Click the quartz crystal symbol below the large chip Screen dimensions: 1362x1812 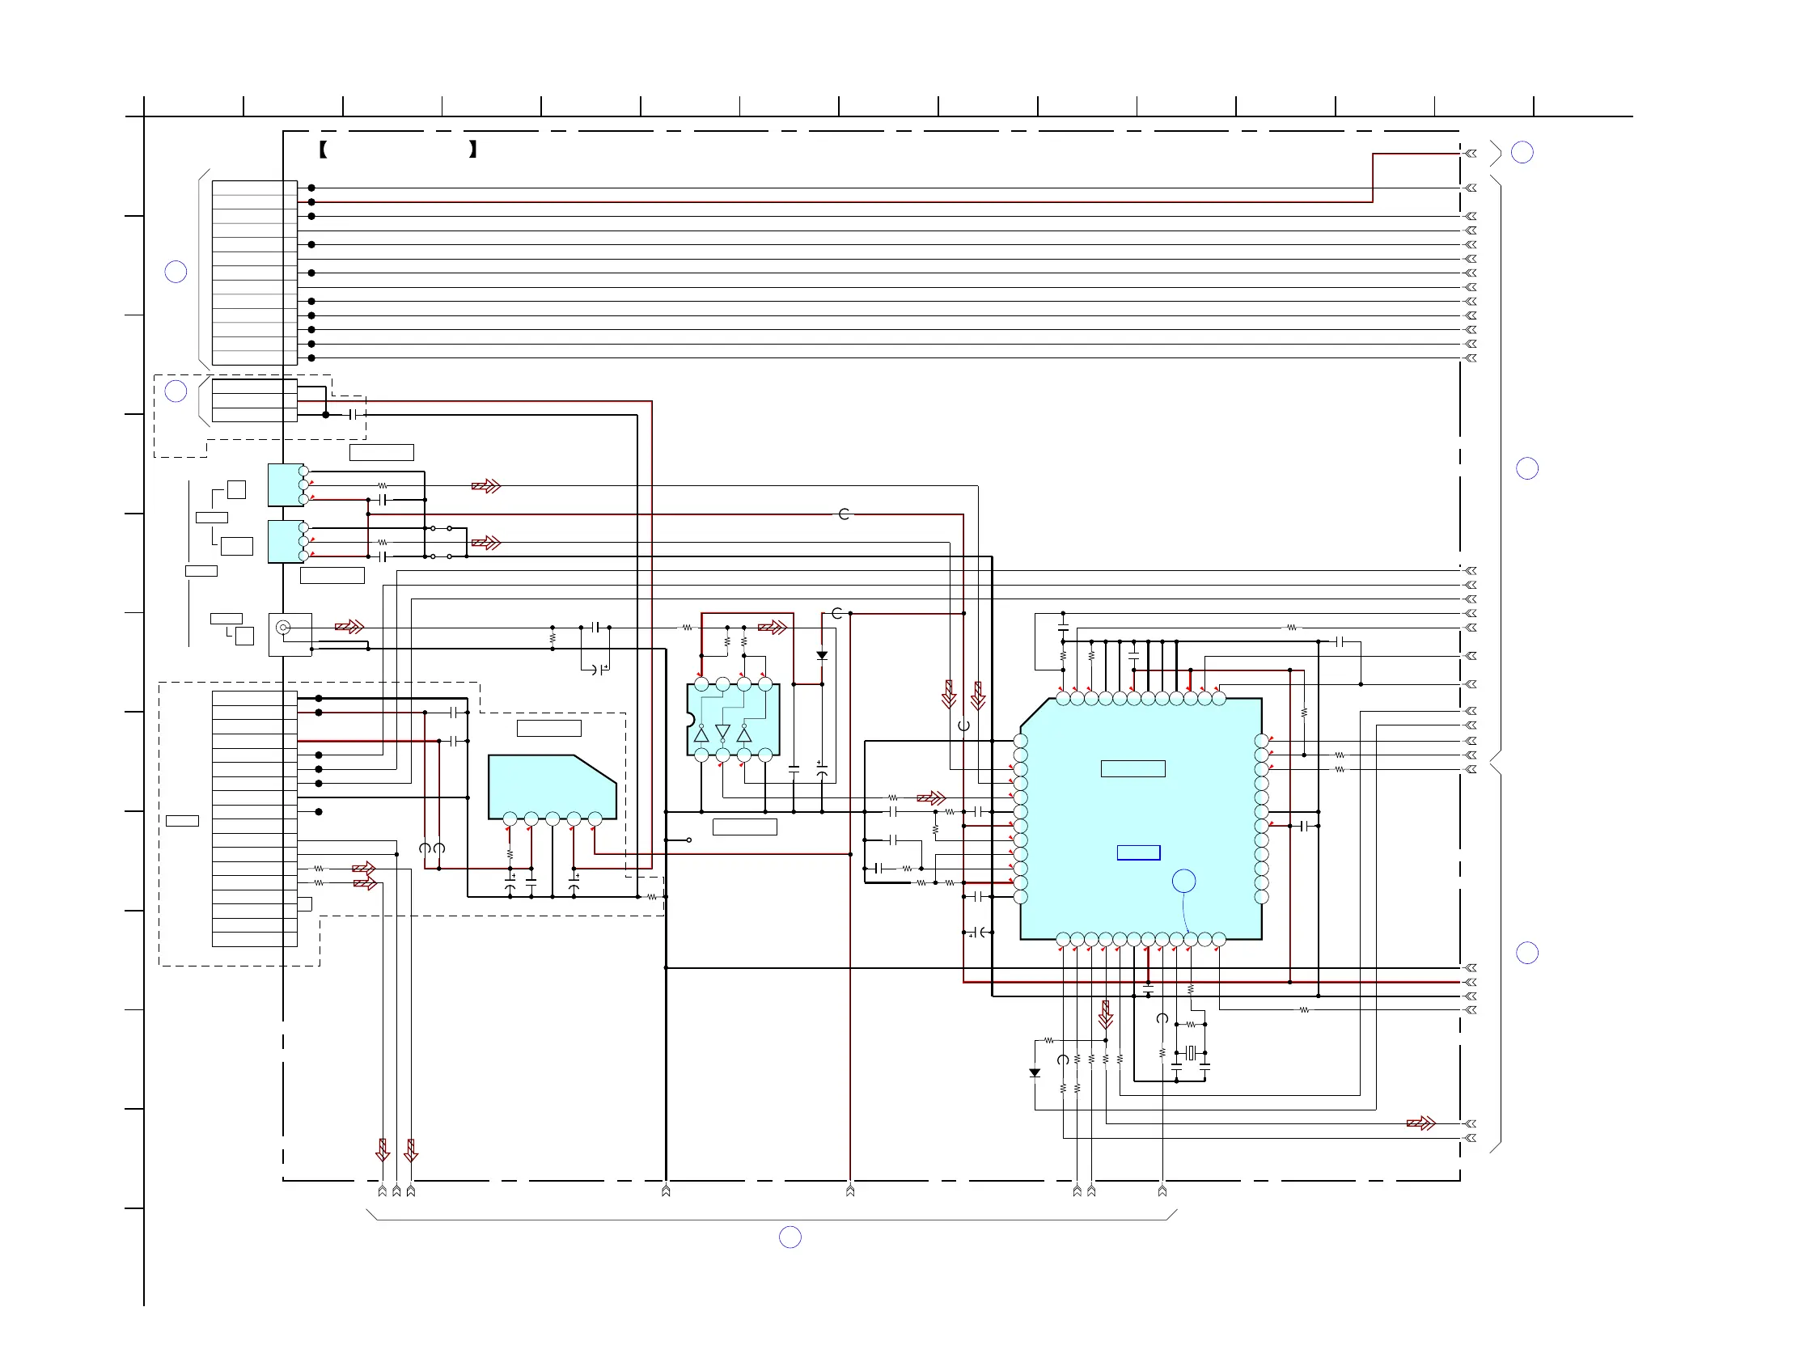click(1190, 1053)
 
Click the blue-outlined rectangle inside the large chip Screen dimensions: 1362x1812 click(1138, 852)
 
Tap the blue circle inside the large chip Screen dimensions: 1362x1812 click(1183, 882)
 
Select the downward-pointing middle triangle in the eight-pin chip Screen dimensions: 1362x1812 click(722, 730)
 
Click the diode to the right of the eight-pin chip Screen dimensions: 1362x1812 click(822, 656)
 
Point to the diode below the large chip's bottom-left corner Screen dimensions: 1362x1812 click(1035, 1073)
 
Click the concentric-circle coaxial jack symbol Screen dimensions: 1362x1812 click(282, 628)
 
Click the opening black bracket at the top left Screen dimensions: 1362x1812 click(324, 149)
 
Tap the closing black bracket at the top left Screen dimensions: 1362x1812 click(472, 149)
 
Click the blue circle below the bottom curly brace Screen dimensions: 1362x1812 click(790, 1237)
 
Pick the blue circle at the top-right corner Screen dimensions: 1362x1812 click(1522, 152)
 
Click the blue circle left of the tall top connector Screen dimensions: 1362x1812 click(176, 272)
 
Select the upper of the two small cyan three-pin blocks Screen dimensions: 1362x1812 click(285, 484)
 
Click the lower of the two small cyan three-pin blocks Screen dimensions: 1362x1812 click(285, 542)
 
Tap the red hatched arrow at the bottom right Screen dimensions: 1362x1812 click(1420, 1123)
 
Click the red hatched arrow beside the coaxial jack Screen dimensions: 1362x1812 click(349, 628)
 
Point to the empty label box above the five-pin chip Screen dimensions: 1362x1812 click(548, 728)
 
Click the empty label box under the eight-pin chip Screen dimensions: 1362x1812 click(745, 827)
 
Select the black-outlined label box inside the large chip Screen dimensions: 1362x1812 click(1133, 768)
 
